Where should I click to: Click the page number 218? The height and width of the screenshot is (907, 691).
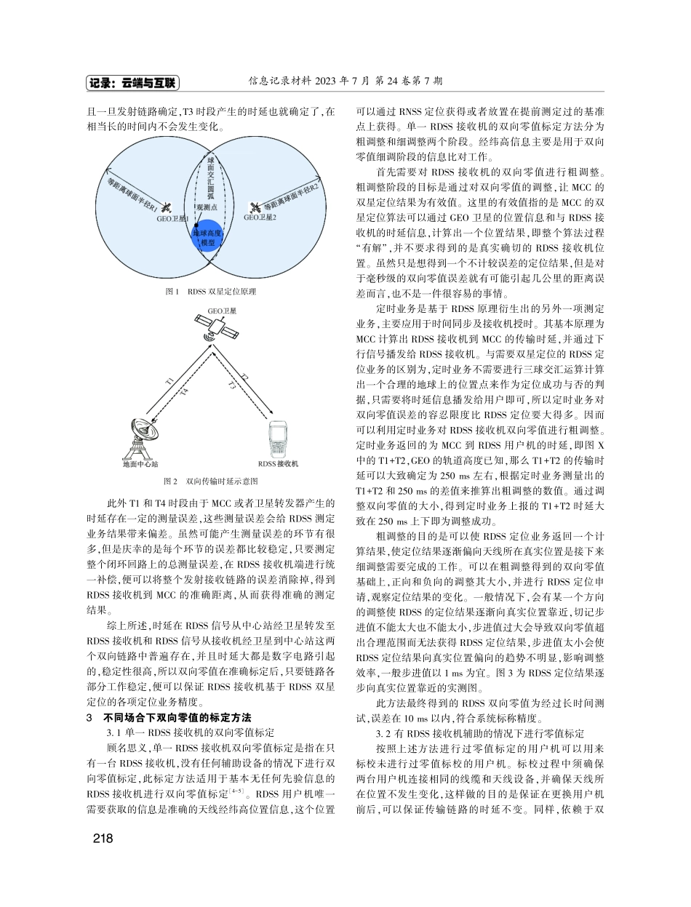[x=103, y=840]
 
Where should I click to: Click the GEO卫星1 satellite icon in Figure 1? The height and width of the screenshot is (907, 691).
[x=167, y=207]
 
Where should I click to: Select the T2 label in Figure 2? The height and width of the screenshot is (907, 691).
[x=244, y=376]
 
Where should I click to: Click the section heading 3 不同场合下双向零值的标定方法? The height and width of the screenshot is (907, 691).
[x=169, y=717]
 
